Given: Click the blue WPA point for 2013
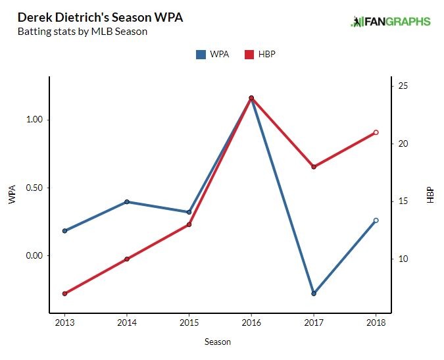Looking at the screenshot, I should (64, 231).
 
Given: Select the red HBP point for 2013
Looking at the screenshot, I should (64, 294).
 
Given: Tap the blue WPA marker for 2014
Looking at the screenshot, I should (127, 202).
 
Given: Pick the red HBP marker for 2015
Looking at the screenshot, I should (189, 224).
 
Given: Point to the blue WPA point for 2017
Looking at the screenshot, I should (314, 294).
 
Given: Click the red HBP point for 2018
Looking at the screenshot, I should (376, 132).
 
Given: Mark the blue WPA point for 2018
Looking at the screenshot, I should (376, 220).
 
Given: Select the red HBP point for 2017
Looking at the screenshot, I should (314, 167).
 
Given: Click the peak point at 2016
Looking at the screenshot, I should (251, 98).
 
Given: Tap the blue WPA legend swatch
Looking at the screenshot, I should (201, 55).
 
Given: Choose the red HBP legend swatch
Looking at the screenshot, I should (249, 55).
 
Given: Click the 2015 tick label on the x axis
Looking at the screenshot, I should (189, 323).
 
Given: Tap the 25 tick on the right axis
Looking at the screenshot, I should (403, 86).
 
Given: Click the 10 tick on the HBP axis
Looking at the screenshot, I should (403, 259).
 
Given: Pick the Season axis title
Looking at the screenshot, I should (218, 342).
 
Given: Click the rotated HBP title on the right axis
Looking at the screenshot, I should (431, 195).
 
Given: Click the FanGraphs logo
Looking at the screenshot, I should (391, 22).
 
